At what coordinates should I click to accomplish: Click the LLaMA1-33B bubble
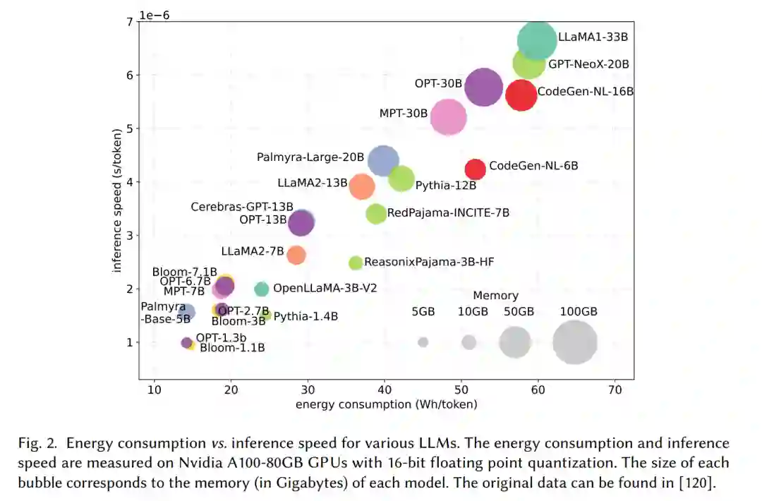[x=537, y=40]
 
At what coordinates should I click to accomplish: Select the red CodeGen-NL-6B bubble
[x=475, y=169]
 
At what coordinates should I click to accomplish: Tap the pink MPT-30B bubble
[x=449, y=117]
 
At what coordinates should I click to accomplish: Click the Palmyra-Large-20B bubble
[x=383, y=161]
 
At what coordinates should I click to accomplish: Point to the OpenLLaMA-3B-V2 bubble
[x=261, y=289]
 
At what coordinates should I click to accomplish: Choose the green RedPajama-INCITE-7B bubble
[x=377, y=213]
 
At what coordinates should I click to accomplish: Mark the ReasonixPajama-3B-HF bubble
[x=356, y=262]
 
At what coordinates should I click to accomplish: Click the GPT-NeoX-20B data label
[x=588, y=64]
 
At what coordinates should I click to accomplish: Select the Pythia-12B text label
[x=446, y=186]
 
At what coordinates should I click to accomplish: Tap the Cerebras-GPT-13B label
[x=242, y=207]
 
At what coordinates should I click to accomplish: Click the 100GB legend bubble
[x=575, y=342]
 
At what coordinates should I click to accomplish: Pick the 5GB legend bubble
[x=423, y=342]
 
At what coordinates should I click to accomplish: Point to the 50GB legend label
[x=519, y=312]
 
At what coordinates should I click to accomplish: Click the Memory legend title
[x=495, y=296]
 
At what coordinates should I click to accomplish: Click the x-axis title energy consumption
[x=386, y=404]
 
